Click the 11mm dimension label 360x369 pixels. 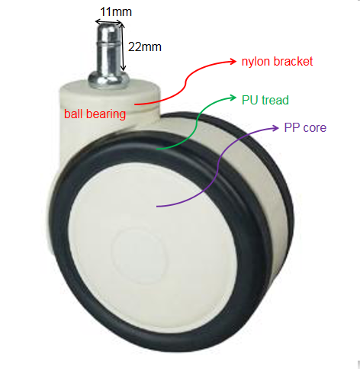point(116,12)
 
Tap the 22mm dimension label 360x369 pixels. point(145,47)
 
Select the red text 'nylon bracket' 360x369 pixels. point(277,62)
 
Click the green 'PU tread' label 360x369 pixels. point(265,100)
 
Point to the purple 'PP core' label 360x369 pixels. point(305,127)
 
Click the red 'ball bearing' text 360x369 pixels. point(95,114)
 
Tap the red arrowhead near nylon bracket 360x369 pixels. point(233,61)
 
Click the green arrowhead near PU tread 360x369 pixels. point(233,98)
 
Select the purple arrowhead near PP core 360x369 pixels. point(275,128)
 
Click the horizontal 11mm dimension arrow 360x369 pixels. point(109,22)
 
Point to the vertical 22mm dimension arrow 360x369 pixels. point(123,47)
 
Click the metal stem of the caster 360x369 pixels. point(109,48)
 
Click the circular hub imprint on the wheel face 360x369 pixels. point(140,255)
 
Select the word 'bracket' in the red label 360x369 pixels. point(293,62)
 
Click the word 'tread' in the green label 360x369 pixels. point(275,100)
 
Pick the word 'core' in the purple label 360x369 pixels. point(315,127)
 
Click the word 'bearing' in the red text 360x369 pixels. point(106,114)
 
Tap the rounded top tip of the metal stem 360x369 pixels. point(109,24)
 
